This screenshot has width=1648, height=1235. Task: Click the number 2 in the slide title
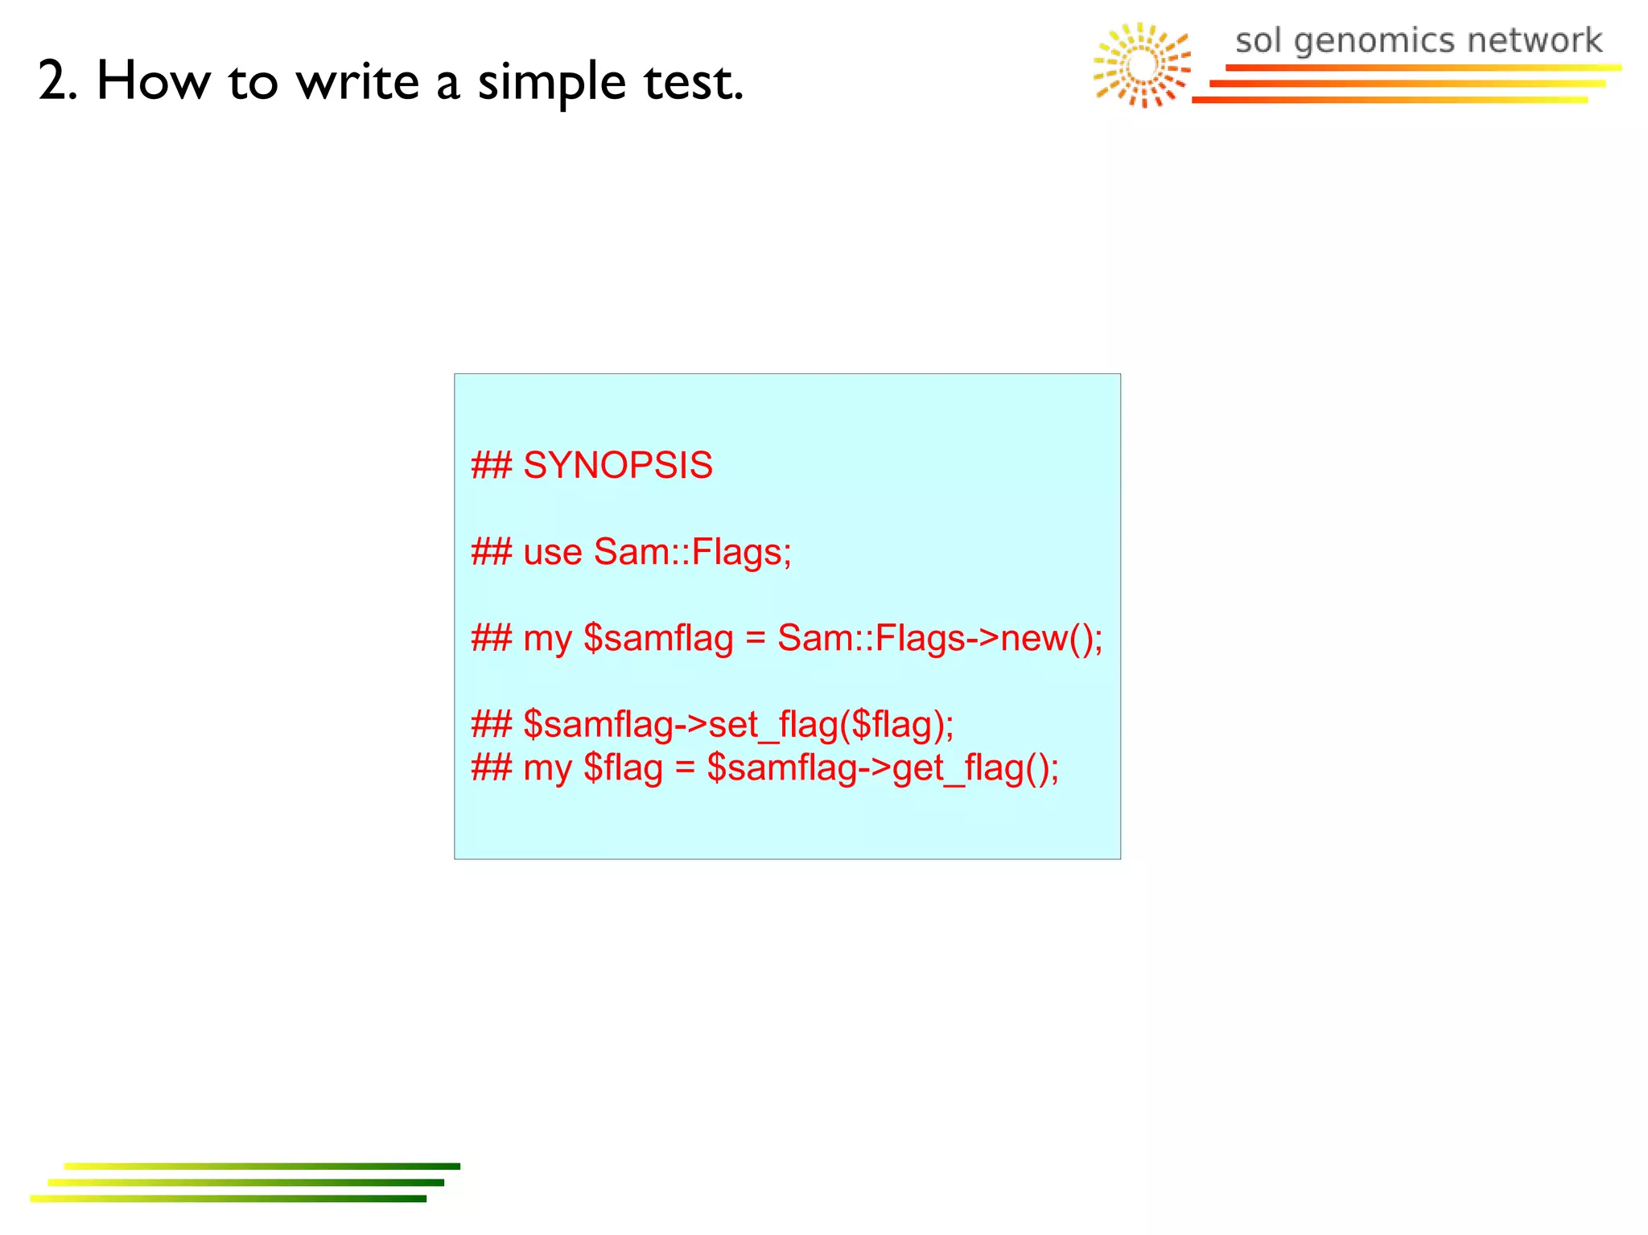[56, 81]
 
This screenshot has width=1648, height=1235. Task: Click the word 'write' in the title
[357, 81]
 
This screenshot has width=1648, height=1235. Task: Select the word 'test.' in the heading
[693, 81]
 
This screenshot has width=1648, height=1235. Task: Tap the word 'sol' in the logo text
[1257, 40]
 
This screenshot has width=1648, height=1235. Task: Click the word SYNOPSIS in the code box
[617, 466]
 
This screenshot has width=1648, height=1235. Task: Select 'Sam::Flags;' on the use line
[692, 553]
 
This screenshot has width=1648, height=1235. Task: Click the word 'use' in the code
[552, 553]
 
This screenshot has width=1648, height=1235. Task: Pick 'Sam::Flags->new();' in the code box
[939, 639]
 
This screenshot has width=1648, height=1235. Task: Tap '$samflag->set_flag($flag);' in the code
[738, 725]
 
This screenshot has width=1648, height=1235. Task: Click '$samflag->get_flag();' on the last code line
[882, 768]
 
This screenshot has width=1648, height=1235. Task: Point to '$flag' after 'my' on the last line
[623, 768]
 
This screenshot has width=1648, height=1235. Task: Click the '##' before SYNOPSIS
[491, 466]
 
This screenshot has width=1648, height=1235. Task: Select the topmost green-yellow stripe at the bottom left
[262, 1166]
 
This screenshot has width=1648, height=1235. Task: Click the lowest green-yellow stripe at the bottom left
[228, 1199]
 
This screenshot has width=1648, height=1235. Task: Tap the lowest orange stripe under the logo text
[1389, 100]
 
